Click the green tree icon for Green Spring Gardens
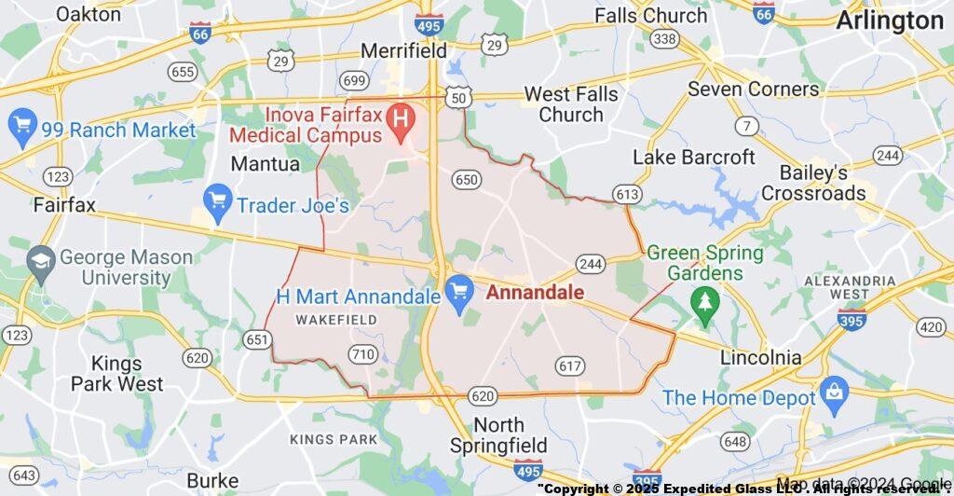(x=705, y=301)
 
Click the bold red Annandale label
(x=536, y=293)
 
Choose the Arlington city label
(x=890, y=21)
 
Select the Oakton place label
(x=89, y=14)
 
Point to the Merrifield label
(x=403, y=50)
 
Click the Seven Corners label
(x=754, y=90)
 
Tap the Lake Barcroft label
(x=694, y=157)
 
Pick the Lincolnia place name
(x=761, y=357)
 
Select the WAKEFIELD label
(x=336, y=320)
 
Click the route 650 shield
(x=466, y=178)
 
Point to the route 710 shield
(x=361, y=353)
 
